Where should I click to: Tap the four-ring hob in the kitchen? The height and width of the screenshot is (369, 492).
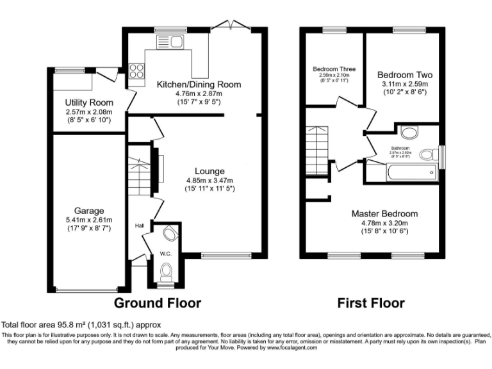tap(136, 70)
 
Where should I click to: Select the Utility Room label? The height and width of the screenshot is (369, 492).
tap(90, 102)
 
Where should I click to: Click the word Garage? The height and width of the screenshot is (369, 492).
tap(88, 211)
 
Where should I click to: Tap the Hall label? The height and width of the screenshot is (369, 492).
tap(140, 225)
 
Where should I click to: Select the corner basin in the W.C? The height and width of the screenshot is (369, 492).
tap(170, 233)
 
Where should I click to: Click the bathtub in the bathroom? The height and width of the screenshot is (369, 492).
tap(411, 171)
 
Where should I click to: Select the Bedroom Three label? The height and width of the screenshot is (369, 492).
tap(334, 69)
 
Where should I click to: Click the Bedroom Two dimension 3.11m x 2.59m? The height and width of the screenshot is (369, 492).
tap(402, 84)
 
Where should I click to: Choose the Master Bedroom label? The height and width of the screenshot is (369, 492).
tap(384, 213)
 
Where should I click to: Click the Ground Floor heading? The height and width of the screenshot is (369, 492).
tap(158, 302)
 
